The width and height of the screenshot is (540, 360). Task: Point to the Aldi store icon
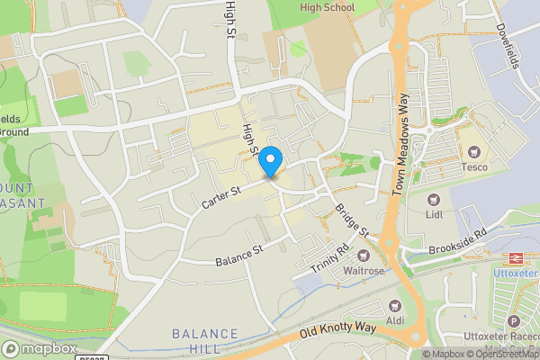[393, 306]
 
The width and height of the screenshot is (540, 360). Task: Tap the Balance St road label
[238, 255]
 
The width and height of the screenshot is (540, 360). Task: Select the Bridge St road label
[352, 220]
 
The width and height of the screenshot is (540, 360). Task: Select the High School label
[328, 7]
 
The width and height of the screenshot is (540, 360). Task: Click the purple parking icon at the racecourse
[514, 321]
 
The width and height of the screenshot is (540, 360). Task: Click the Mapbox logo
[40, 348]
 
